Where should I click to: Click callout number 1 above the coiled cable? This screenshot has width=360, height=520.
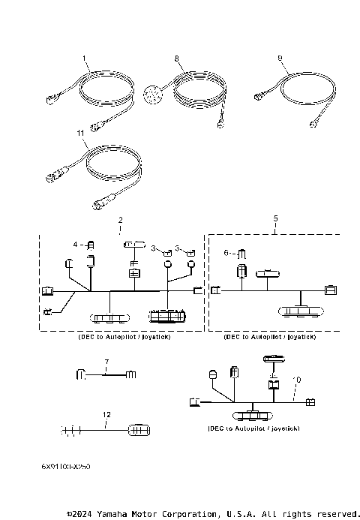pyautogui.click(x=85, y=58)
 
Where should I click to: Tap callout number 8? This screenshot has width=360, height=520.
pyautogui.click(x=176, y=58)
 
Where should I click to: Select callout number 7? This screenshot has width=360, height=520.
pyautogui.click(x=106, y=362)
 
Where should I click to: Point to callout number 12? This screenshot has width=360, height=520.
pyautogui.click(x=106, y=415)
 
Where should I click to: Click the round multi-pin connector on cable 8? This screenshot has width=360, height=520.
pyautogui.click(x=152, y=95)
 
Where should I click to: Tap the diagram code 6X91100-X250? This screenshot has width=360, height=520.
pyautogui.click(x=66, y=466)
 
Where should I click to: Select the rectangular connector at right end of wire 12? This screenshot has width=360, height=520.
pyautogui.click(x=140, y=430)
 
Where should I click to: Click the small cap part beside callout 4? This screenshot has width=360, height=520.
pyautogui.click(x=91, y=245)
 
